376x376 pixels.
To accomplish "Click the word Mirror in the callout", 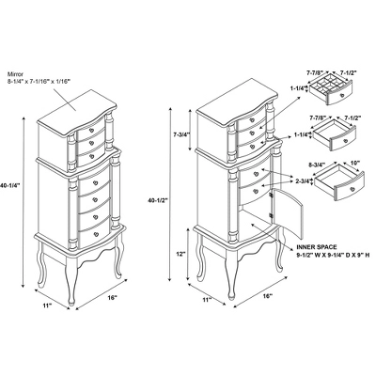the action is point(16,74).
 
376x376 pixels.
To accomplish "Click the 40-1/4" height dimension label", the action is point(9,185).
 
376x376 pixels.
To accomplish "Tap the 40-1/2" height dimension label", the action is point(157,199).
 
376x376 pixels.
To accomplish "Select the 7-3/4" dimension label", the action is point(181,134).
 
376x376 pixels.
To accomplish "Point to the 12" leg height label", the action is point(180,254).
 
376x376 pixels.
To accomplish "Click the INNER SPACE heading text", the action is point(317,247).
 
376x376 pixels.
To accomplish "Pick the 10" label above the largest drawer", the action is point(355,163).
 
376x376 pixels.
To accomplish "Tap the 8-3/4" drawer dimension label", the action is point(317,164).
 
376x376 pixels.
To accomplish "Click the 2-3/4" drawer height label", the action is point(302,180).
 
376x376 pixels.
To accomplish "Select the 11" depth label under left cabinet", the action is point(48,305).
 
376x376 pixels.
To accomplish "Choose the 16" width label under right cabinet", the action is point(267,295).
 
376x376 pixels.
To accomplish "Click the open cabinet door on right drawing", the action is point(288,212).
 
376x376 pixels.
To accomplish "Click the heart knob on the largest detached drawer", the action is point(352,189).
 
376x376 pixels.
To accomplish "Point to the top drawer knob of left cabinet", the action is point(91,130).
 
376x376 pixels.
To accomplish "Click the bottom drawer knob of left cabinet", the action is point(97,233).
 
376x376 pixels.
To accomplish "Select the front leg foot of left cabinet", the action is point(71,302).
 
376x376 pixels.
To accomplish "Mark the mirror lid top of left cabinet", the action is point(77,110).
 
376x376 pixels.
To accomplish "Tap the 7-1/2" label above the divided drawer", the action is point(348,72).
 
